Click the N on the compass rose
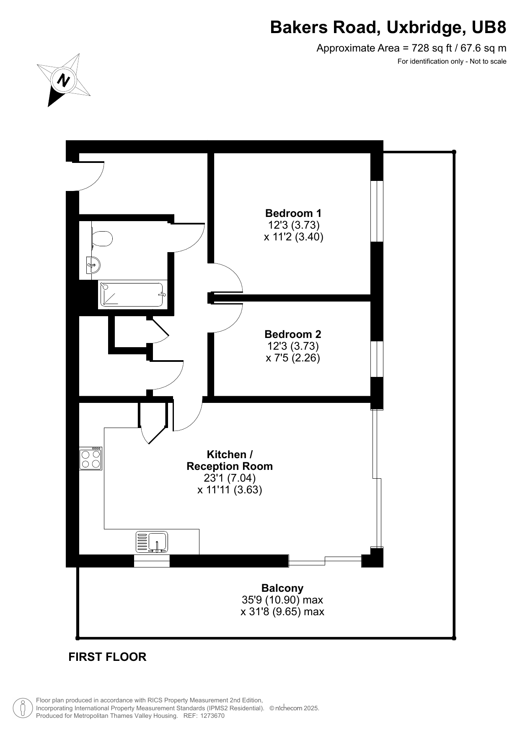[64, 80]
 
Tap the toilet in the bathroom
[102, 239]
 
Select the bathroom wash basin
[94, 264]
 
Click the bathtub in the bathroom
[132, 294]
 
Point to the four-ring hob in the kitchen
[91, 458]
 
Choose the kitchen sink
[152, 542]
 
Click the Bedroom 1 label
[293, 213]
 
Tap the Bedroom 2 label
[293, 334]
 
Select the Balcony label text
[282, 588]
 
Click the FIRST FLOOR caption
[107, 657]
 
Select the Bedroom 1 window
[377, 211]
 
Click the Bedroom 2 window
[377, 359]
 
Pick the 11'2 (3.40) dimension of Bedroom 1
[293, 237]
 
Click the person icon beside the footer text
[23, 708]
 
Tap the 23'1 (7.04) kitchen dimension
[230, 478]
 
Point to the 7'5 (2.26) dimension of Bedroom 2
[293, 358]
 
